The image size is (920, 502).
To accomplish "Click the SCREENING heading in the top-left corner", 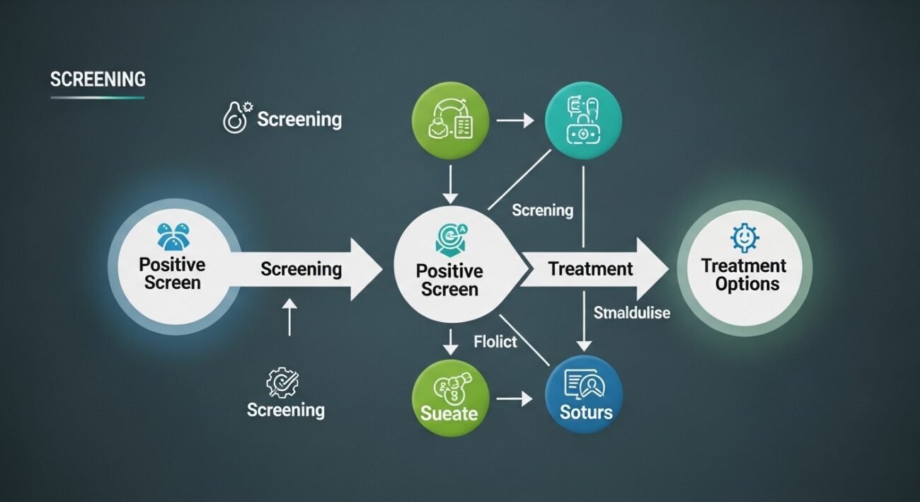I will pos(98,79).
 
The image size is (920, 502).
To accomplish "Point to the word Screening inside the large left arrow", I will pos(301,269).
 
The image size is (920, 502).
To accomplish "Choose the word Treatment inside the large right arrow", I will pos(590,269).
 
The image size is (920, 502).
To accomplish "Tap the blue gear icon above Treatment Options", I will pos(744,237).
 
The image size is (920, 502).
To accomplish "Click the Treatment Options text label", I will pos(744,275).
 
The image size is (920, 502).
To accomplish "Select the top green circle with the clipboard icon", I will pos(450,120).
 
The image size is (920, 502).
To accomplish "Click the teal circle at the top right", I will pos(584,120).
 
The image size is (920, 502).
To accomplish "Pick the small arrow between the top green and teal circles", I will pos(515,121).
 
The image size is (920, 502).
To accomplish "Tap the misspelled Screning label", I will pos(542,210).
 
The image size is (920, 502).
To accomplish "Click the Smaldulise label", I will pos(631,312).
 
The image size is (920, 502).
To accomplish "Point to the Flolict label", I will pos(495,342).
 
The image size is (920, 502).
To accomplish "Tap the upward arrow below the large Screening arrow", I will pos(288,316).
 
